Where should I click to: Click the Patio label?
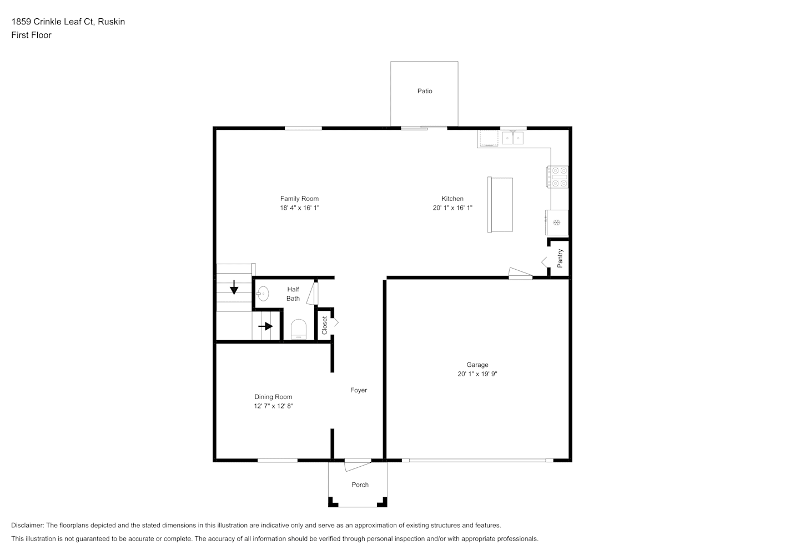click(424, 91)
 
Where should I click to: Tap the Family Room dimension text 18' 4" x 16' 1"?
click(299, 208)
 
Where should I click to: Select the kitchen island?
click(500, 205)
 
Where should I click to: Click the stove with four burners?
click(557, 177)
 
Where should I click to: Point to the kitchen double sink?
click(513, 138)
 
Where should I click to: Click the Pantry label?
click(560, 258)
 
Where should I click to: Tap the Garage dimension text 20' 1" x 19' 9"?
click(477, 374)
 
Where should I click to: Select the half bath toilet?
click(299, 329)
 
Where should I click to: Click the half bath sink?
click(263, 294)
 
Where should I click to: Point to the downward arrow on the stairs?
click(234, 287)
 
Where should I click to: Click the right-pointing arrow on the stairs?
click(265, 326)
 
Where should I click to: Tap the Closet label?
click(324, 325)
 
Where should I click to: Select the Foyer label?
click(359, 390)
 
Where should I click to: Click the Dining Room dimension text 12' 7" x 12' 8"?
click(273, 406)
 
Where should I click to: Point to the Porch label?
click(360, 485)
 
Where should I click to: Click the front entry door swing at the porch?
click(358, 465)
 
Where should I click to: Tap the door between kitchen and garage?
click(521, 273)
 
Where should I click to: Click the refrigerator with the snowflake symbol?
click(556, 223)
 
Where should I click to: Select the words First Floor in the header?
click(31, 35)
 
